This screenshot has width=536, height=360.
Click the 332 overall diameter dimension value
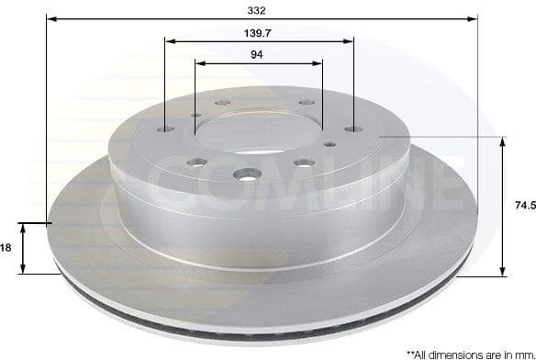257,10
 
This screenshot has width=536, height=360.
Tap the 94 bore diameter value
258,54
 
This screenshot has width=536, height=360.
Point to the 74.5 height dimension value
524,207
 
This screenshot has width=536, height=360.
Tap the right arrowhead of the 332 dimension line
474,18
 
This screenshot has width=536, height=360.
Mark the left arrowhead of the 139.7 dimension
169,39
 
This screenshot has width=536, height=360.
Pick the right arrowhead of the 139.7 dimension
349,39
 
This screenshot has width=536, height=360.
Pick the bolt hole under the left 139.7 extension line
163,129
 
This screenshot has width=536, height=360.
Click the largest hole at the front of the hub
247,174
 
